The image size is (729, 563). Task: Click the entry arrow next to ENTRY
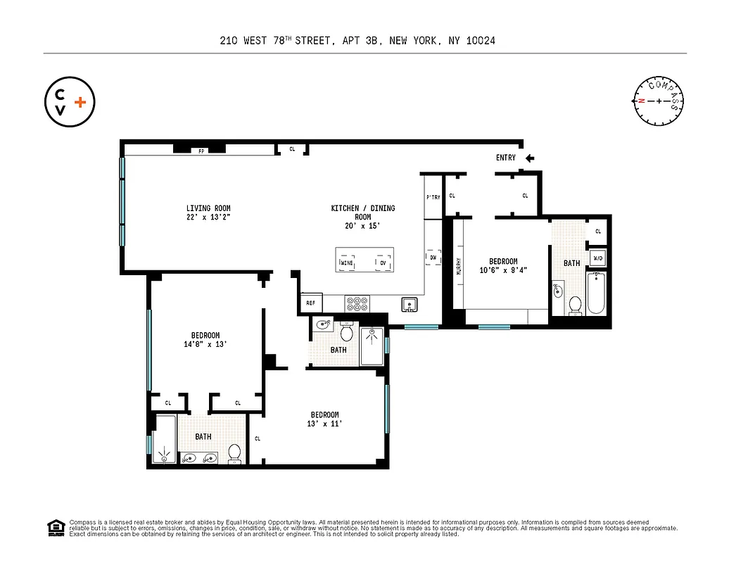click(529, 158)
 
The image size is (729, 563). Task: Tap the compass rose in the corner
click(659, 101)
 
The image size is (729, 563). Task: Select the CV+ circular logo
click(69, 102)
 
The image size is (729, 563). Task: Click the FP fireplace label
click(201, 151)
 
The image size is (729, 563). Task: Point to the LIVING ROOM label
click(208, 208)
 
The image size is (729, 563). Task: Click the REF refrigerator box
click(310, 303)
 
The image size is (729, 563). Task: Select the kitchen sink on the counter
click(410, 304)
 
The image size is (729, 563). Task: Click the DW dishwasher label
click(433, 258)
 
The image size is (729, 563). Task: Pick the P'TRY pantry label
click(433, 197)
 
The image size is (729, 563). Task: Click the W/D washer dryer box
click(597, 258)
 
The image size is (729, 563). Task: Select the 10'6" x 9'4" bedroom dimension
click(503, 270)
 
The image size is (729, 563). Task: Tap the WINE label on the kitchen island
click(347, 263)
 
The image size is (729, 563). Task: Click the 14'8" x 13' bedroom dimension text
click(205, 344)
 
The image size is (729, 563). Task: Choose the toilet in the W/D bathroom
click(574, 305)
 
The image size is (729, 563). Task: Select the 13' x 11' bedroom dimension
click(324, 424)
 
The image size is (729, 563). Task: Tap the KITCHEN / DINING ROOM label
click(363, 213)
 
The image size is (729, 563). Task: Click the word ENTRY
click(505, 158)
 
